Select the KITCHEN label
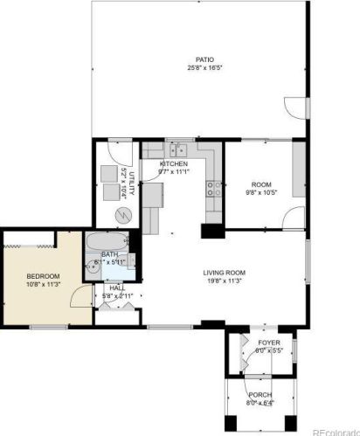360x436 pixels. pos(175,164)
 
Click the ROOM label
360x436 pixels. pos(262,184)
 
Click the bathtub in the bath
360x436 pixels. pos(106,242)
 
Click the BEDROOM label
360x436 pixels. pos(41,276)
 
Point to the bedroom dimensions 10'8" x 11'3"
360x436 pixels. pos(41,284)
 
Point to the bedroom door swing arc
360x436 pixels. pos(80,297)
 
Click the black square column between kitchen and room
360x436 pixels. pos(211,232)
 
